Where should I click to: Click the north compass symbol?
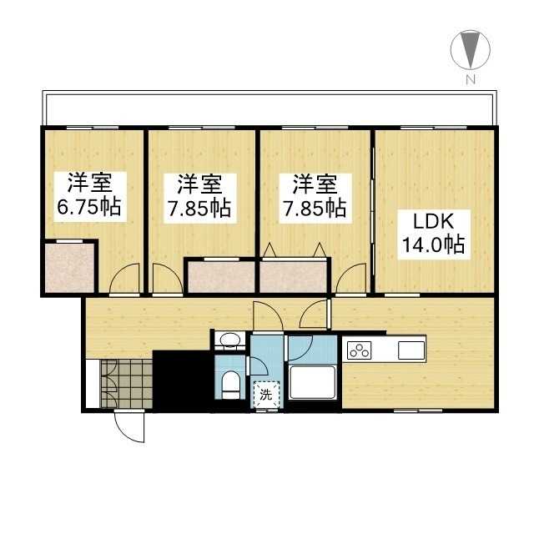470,50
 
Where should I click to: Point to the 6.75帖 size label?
88,206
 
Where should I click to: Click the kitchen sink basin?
412,350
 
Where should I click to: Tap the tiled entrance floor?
125,385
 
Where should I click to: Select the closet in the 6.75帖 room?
69,267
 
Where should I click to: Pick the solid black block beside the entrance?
180,380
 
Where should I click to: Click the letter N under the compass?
471,80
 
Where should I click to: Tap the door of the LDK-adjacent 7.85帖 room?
351,280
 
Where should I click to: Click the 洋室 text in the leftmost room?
89,182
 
